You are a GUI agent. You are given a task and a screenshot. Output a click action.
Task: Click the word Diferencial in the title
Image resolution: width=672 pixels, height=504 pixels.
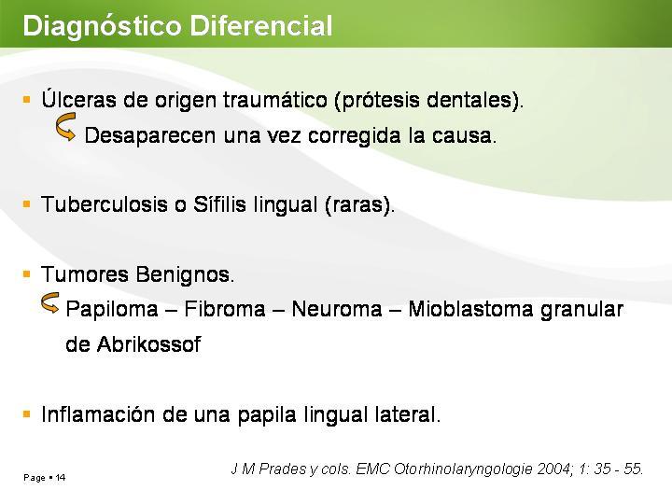coord(261,25)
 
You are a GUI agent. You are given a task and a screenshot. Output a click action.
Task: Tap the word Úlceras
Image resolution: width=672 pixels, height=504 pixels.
coord(78,99)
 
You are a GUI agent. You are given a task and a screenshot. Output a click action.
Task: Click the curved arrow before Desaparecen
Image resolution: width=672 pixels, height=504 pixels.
coord(65,127)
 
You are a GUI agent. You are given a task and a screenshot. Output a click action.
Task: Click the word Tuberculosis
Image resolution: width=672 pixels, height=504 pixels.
coord(105,204)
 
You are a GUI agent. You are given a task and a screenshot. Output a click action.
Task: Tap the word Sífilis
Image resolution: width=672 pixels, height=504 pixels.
coord(219,204)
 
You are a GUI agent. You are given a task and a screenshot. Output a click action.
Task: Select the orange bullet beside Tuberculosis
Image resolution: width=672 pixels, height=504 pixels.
coord(26,203)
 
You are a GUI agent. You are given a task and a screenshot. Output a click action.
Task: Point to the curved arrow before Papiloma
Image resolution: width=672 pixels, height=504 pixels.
coord(49,302)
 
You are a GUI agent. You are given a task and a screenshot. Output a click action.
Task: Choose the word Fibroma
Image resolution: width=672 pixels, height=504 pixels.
coord(225,309)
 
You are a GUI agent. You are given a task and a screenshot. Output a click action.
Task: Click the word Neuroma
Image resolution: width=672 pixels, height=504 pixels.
coord(336,309)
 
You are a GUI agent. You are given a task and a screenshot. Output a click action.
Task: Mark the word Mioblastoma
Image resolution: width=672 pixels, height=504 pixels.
coord(470,309)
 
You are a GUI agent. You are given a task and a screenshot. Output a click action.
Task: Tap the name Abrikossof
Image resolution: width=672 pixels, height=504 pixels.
coord(148,344)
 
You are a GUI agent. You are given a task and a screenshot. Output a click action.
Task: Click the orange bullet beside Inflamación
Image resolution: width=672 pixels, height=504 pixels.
coord(26,414)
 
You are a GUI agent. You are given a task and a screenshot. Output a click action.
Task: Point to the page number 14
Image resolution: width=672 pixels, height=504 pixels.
coord(61,478)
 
